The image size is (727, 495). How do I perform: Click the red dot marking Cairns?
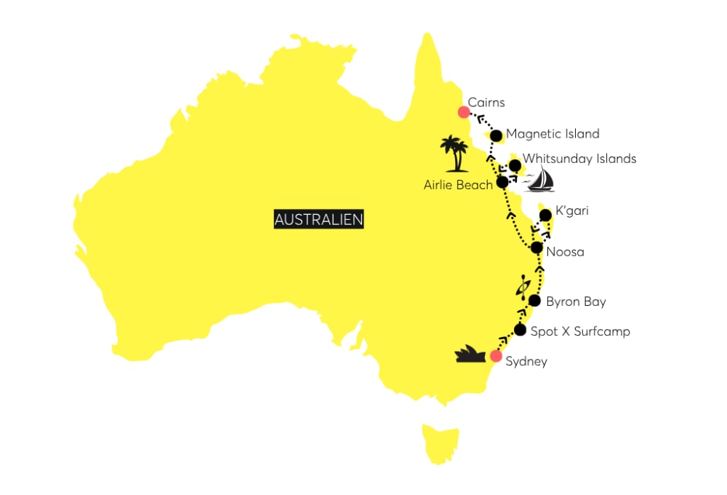(x=463, y=112)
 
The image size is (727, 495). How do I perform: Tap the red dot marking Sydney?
(x=496, y=356)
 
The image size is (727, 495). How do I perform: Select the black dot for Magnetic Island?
(x=497, y=135)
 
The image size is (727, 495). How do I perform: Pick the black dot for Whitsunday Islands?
(x=515, y=165)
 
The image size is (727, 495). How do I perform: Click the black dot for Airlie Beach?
(x=502, y=182)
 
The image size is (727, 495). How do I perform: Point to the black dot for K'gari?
(x=545, y=215)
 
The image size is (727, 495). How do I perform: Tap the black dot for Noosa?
(x=537, y=247)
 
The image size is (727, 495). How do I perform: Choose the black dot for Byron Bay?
(x=534, y=301)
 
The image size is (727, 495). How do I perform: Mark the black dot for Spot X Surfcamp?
(x=520, y=330)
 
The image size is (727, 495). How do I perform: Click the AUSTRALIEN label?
(x=319, y=219)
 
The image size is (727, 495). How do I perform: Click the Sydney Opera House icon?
(x=470, y=354)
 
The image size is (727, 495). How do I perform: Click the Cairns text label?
(x=487, y=103)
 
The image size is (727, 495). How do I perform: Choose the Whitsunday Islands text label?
(x=579, y=159)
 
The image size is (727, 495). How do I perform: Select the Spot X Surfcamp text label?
(x=580, y=331)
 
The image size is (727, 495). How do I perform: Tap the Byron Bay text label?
(x=576, y=301)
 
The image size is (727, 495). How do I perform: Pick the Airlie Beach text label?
(x=458, y=185)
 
